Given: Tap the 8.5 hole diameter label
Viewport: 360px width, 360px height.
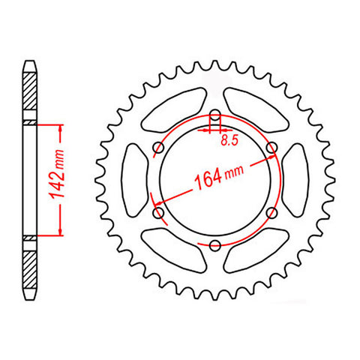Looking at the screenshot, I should pyautogui.click(x=225, y=139).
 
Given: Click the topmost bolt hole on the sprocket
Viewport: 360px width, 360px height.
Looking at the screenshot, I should pyautogui.click(x=215, y=116).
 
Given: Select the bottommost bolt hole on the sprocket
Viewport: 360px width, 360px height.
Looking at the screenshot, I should pyautogui.click(x=215, y=244).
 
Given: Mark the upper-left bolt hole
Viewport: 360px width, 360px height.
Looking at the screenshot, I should pyautogui.click(x=160, y=148).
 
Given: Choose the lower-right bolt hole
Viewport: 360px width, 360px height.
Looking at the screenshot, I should pyautogui.click(x=271, y=213).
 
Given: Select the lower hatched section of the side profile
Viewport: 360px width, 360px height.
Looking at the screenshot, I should pyautogui.click(x=29, y=267).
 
